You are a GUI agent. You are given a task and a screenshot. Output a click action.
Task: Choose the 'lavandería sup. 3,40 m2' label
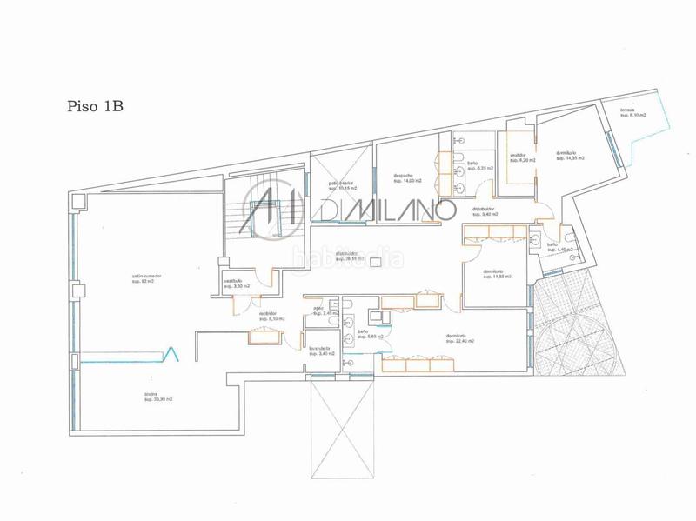(322, 352)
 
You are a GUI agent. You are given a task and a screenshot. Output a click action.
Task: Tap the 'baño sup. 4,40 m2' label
(558, 248)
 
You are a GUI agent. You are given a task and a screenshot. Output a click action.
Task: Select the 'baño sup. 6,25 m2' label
(473, 165)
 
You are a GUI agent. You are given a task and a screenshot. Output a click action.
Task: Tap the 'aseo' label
(318, 311)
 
